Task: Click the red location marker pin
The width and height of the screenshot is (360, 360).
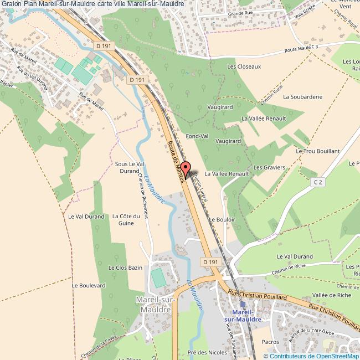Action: coord(187,169)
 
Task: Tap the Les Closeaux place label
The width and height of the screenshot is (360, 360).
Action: coord(244,66)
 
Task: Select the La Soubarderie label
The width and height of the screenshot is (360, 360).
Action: coord(302,96)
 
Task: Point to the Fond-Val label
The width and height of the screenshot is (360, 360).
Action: coord(197,136)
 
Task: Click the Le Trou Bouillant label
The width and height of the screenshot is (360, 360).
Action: coord(317,151)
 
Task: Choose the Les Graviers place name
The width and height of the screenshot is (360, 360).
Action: coord(269,167)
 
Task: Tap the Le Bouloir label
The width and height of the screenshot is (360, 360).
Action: coord(222,219)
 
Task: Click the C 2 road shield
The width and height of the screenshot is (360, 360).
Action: coord(317,182)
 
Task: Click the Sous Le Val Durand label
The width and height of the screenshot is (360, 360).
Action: coord(129,168)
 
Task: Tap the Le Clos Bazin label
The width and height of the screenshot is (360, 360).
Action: coord(125,268)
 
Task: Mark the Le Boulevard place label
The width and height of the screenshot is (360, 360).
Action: coord(89,285)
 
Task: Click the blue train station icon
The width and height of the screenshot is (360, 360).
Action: coord(243,304)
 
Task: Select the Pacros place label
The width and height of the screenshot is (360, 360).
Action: coord(270,342)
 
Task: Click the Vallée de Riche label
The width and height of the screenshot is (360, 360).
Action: coord(332,295)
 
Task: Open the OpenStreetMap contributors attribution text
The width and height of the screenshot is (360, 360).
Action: coord(311,356)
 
